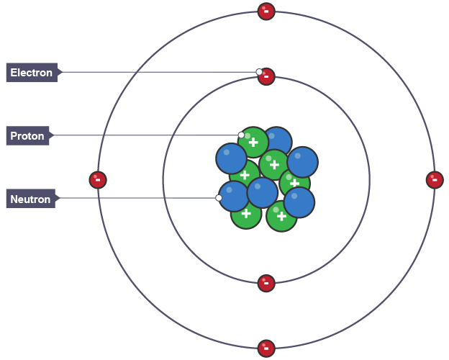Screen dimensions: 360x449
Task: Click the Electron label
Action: [32, 73]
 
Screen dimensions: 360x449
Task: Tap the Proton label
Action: [27, 136]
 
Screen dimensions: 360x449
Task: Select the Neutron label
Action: [30, 199]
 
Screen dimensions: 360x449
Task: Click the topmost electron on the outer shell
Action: [266, 11]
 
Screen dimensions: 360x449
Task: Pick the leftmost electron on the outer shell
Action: [98, 180]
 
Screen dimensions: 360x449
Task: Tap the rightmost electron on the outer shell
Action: [435, 180]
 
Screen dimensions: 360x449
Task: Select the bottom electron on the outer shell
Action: [266, 348]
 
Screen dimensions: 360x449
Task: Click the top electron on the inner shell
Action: [266, 76]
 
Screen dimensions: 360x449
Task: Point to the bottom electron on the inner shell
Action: [266, 283]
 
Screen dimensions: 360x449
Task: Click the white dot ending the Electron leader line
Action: [259, 72]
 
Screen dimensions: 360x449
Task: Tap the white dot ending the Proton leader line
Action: [241, 135]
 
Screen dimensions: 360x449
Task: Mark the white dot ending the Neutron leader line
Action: [219, 198]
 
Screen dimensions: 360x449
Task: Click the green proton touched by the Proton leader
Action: [253, 142]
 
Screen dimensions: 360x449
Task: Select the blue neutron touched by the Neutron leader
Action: [233, 196]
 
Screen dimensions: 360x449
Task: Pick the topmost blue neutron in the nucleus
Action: [277, 140]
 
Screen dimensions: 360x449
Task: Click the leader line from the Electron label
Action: [158, 72]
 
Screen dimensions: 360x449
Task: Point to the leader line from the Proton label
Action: [144, 135]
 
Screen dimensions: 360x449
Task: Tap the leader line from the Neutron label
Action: [137, 198]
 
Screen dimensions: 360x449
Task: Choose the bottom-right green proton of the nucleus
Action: [281, 217]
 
